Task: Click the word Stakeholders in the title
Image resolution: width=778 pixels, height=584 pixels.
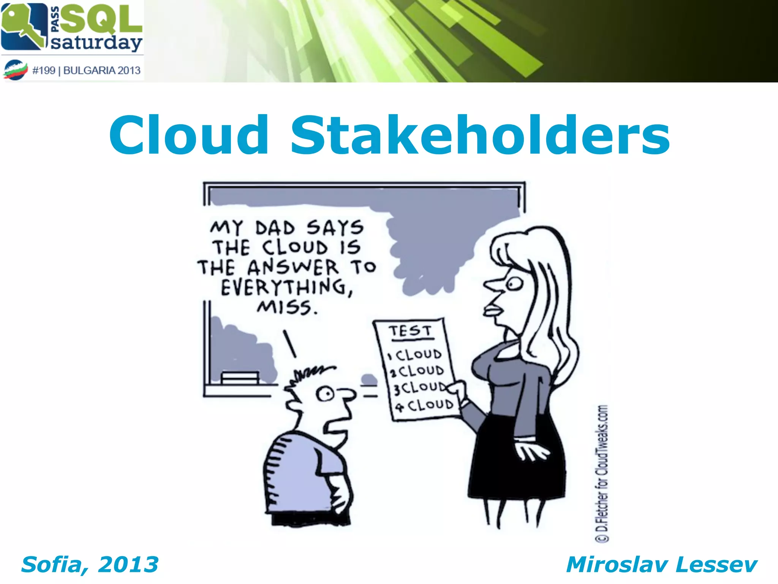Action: (480, 136)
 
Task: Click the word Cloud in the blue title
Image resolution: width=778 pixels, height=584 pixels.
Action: (189, 136)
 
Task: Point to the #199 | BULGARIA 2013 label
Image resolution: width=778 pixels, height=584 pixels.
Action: (87, 70)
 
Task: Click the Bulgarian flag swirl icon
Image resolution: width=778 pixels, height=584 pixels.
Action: (16, 70)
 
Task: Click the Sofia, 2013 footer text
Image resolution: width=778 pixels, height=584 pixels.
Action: (90, 564)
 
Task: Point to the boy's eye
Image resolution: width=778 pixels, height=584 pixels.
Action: (325, 394)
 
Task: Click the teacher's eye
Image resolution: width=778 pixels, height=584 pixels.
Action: (514, 283)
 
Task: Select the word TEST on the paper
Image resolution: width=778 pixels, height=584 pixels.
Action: (410, 331)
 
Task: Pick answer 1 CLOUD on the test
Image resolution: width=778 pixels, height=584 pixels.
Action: (415, 355)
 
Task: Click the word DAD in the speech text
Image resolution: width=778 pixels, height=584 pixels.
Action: (275, 228)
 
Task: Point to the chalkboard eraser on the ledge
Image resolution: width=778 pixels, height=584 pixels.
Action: (240, 377)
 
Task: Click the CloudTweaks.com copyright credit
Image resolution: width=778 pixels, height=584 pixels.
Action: (602, 473)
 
